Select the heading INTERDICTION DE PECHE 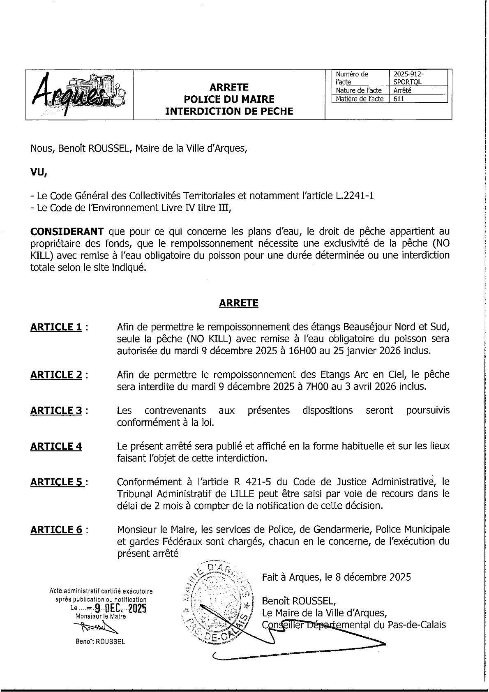229,111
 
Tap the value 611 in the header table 399,99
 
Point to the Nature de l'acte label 358,91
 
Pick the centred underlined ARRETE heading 239,303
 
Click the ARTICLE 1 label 56,327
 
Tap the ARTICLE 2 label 56,375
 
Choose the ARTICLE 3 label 56,411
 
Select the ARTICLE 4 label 56,446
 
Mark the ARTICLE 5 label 56,482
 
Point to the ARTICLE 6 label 56,530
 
